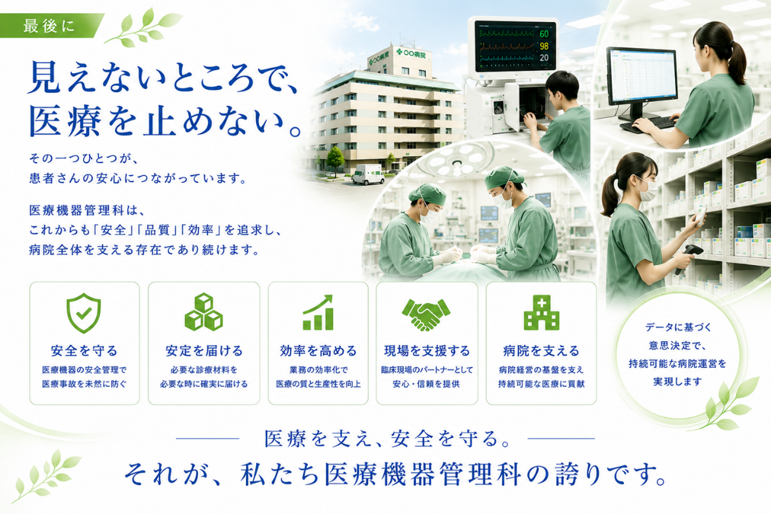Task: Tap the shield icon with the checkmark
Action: (x=83, y=312)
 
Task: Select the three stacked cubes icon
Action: (x=204, y=312)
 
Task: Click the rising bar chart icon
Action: (x=318, y=312)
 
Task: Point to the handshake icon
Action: (x=426, y=314)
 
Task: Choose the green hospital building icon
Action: (x=541, y=312)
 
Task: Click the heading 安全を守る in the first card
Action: (x=85, y=351)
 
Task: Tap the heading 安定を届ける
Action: (x=204, y=351)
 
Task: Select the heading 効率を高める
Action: (x=319, y=351)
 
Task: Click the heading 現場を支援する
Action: (x=427, y=351)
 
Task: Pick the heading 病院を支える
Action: (x=541, y=351)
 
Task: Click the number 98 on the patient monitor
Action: (x=544, y=46)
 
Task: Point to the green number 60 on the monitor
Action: (x=544, y=34)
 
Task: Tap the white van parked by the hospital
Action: (x=368, y=174)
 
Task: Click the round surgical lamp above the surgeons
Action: (x=457, y=161)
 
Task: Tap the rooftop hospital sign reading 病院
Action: (x=411, y=53)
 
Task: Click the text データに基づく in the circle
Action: (x=678, y=327)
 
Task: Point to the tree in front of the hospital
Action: (x=335, y=161)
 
